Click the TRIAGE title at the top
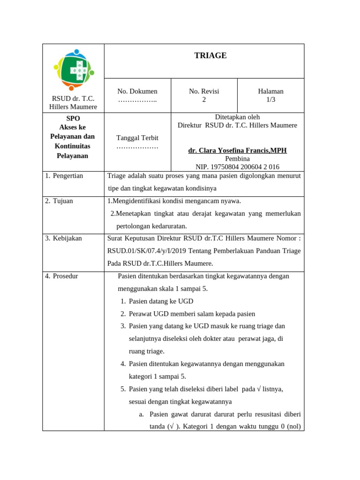point(210,56)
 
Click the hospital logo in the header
point(73,69)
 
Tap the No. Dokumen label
point(137,91)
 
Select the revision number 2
point(204,100)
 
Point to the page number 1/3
point(270,100)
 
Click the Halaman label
point(270,91)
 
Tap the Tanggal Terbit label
point(137,138)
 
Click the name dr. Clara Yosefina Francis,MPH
point(237,150)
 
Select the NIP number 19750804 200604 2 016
point(237,167)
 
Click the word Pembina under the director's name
point(237,159)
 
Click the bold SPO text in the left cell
point(73,119)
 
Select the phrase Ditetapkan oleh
point(237,117)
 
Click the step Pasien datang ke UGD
point(161,301)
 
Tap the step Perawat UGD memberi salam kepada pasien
point(192,314)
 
